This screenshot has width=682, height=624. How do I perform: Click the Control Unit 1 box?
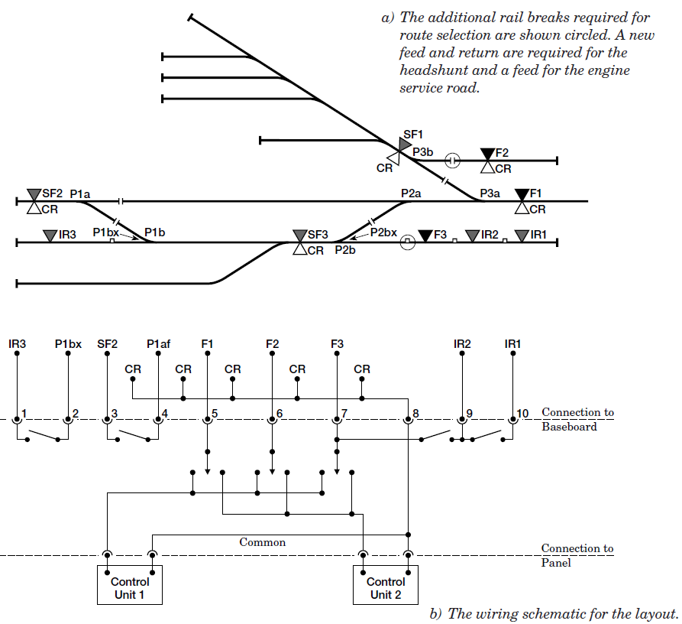(130, 586)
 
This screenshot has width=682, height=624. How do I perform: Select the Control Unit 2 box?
(386, 586)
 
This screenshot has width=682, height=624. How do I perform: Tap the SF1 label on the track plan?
(413, 135)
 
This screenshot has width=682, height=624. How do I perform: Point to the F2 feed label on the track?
(502, 153)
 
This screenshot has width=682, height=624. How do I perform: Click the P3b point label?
(423, 152)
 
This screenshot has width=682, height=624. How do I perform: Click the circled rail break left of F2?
(452, 161)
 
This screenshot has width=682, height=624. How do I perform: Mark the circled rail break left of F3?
(408, 242)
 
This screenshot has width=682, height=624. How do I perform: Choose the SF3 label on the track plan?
(318, 234)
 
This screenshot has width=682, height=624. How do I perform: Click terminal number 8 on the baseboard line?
(415, 414)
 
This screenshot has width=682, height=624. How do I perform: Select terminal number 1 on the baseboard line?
(24, 414)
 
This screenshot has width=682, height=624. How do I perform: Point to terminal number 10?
(522, 414)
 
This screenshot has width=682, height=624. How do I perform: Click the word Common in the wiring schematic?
(263, 542)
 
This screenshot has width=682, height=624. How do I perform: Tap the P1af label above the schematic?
(160, 344)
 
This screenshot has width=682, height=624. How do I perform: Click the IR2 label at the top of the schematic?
(462, 344)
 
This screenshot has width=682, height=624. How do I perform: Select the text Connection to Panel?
(577, 555)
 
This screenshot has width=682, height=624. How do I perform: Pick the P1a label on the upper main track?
(82, 194)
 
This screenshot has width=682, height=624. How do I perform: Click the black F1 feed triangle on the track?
(522, 194)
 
